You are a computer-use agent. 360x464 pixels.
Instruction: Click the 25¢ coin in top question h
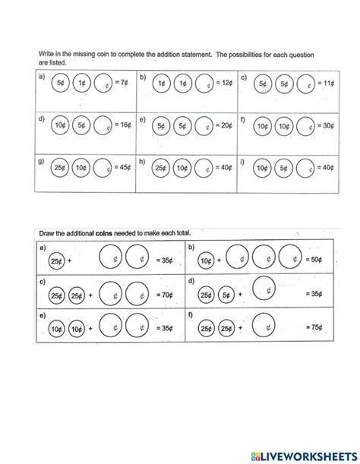click(160, 168)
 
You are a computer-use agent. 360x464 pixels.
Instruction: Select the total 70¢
click(166, 294)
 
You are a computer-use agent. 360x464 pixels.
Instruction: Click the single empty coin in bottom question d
click(263, 288)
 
